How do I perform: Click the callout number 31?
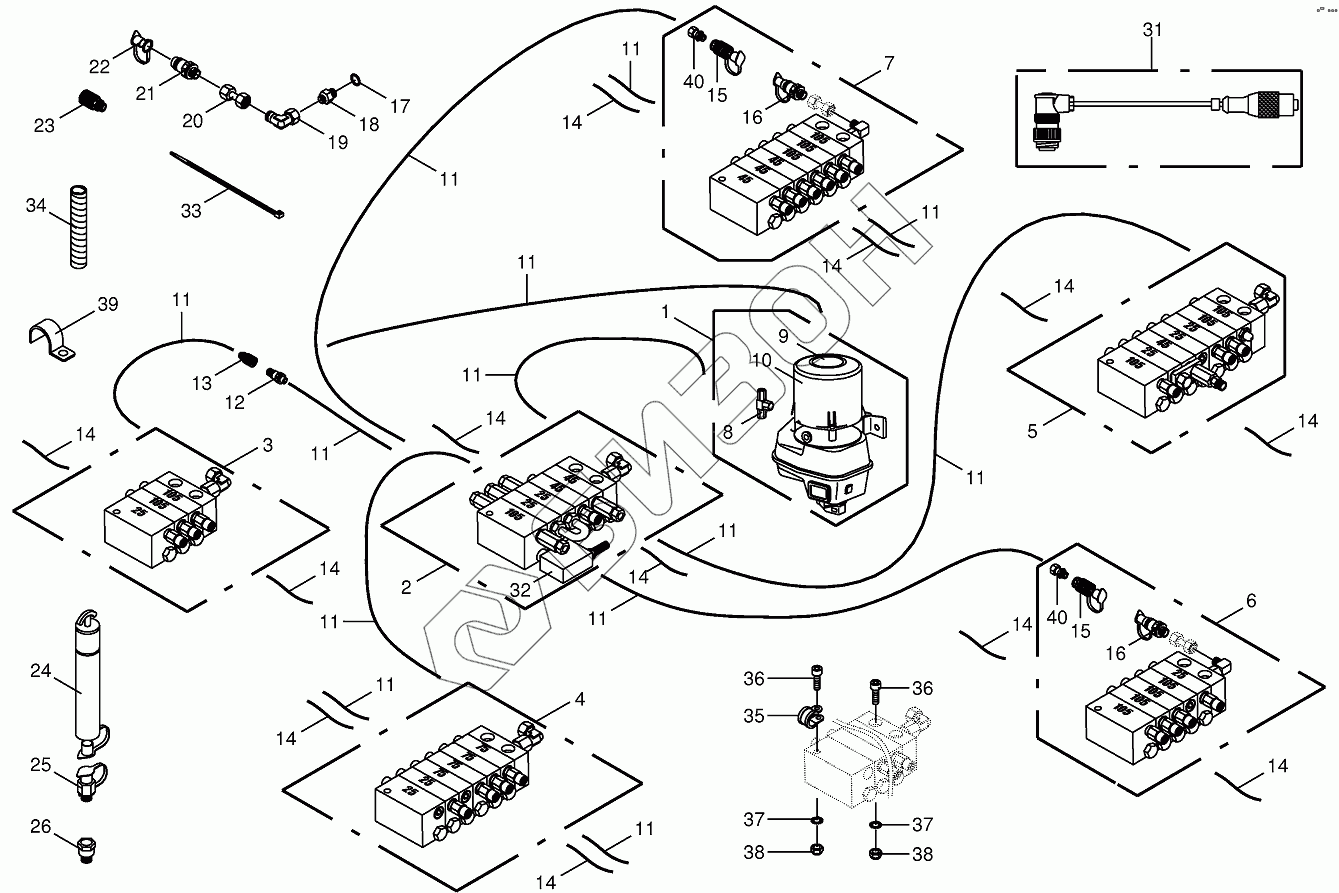point(1153,30)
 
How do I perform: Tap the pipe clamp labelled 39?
point(50,338)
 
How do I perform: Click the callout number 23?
point(44,125)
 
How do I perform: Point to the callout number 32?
point(521,589)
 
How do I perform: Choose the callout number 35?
point(754,716)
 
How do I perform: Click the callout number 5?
point(1033,432)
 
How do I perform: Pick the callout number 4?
point(580,700)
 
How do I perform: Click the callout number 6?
point(1251,601)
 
